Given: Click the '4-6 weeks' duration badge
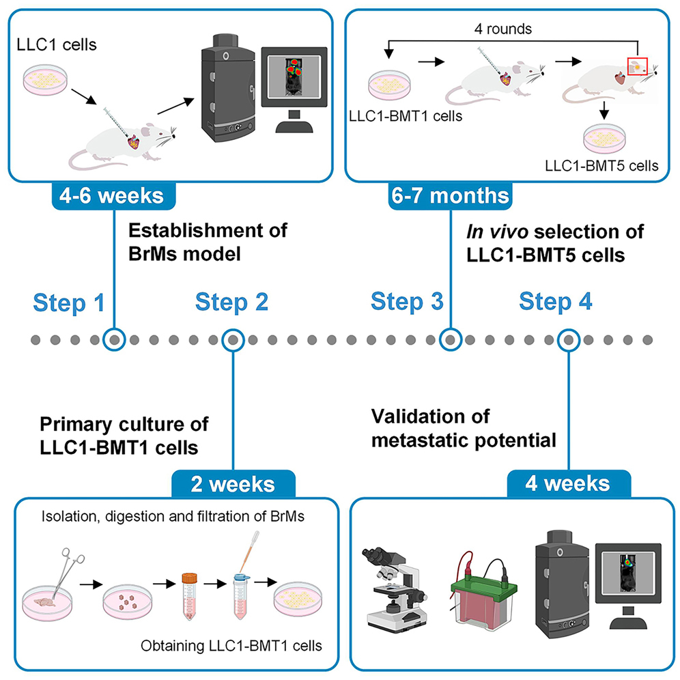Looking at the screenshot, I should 113,197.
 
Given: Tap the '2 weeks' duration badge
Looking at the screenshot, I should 233,485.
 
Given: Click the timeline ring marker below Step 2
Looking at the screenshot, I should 233,339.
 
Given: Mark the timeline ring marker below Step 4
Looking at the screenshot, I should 568,339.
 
